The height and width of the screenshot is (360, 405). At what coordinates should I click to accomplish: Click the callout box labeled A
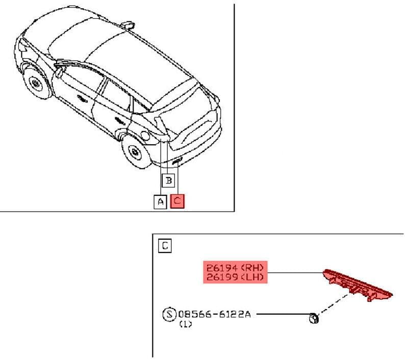coord(160,202)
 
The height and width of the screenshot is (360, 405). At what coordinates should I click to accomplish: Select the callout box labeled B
coord(168,181)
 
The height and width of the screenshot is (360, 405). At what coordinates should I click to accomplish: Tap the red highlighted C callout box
coord(178,201)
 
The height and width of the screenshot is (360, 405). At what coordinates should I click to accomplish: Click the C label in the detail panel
coord(165,246)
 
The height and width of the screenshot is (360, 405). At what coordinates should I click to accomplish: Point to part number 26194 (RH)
coord(235,268)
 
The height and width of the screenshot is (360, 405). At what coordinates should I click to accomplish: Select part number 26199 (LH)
coord(235,277)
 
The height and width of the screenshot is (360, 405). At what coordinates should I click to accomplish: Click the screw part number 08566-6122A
coord(214,314)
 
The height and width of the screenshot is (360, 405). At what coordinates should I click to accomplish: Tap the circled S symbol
coord(169,314)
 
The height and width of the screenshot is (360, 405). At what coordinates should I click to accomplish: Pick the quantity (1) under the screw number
coord(186,324)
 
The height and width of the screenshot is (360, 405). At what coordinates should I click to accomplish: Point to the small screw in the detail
coord(314,318)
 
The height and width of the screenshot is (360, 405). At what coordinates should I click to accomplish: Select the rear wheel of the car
coord(135,151)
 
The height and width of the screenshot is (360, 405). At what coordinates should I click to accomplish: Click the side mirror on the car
coord(59,72)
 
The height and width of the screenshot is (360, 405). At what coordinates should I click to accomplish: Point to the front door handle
coord(82,98)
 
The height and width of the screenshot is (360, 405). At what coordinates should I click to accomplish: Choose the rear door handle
coord(119,120)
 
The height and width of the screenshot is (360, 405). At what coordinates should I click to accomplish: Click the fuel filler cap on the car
coord(145,135)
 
